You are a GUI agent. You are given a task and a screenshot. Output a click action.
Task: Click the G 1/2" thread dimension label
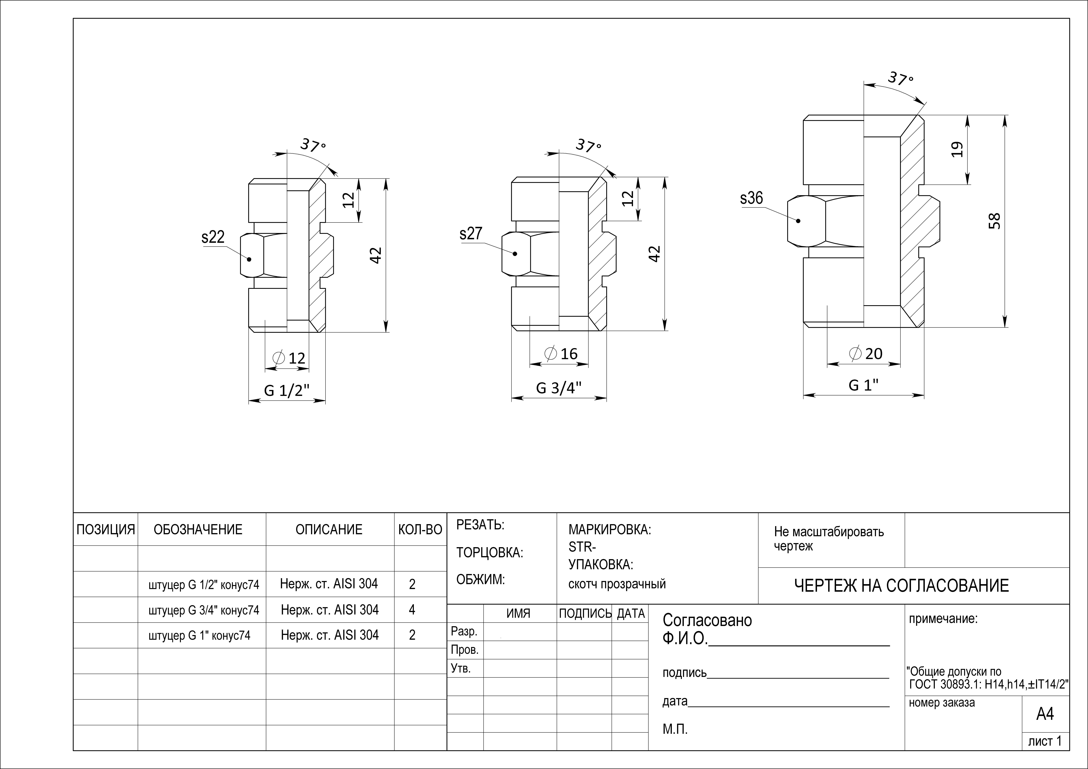pos(287,390)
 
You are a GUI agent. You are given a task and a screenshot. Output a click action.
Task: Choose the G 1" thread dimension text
pos(863,385)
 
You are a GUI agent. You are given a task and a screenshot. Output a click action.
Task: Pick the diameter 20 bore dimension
pos(866,353)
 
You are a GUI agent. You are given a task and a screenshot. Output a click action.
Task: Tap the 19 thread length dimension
pos(958,149)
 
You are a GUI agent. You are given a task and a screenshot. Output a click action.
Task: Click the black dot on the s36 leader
pos(798,221)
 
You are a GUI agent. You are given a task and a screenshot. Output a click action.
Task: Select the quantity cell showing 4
pos(412,610)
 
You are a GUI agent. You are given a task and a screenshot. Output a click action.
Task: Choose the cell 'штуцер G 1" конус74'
pos(199,635)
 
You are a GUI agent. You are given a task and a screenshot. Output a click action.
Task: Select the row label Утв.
pos(461,669)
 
